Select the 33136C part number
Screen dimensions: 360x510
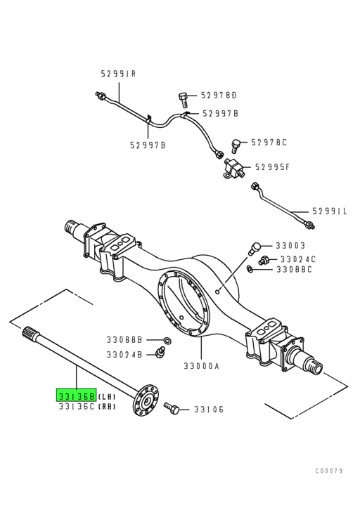(x=77, y=406)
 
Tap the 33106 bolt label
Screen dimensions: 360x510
(x=209, y=409)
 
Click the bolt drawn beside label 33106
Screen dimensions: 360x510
(x=172, y=408)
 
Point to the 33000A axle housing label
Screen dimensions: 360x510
(x=202, y=366)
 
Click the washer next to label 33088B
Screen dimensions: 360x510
(x=167, y=341)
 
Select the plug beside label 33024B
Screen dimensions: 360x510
(x=160, y=352)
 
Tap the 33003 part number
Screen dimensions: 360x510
(x=290, y=245)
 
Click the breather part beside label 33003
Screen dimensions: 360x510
(x=254, y=249)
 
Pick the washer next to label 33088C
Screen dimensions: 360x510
(x=250, y=269)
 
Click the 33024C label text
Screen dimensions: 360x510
(x=298, y=259)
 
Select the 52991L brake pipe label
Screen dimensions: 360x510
(x=330, y=211)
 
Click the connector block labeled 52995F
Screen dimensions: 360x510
(x=233, y=169)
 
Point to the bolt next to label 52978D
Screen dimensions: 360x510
(x=184, y=99)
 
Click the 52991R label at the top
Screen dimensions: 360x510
(x=119, y=74)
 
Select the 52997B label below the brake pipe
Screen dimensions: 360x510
(x=148, y=145)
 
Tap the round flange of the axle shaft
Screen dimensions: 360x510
(x=146, y=400)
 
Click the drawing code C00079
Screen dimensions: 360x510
(x=329, y=471)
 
